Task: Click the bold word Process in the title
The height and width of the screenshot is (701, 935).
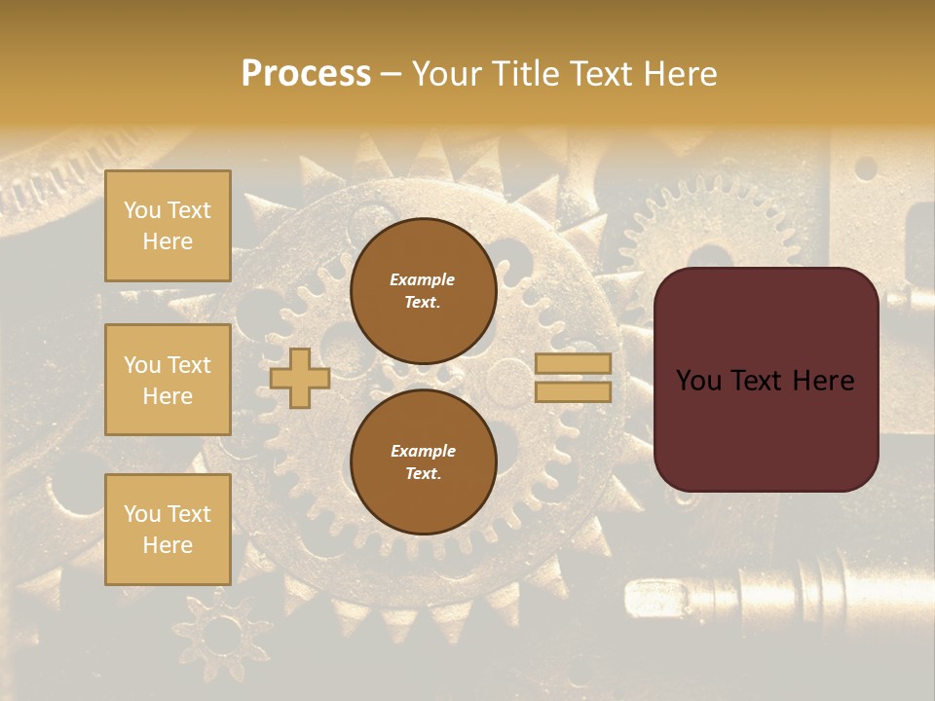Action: (306, 74)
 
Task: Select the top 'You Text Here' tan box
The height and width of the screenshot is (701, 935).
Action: (168, 226)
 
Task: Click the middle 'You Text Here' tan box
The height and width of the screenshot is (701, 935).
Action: (168, 380)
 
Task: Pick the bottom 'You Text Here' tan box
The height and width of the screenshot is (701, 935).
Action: (168, 530)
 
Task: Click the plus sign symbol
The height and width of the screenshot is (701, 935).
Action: (300, 379)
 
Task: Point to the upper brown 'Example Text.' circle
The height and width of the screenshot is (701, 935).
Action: (423, 290)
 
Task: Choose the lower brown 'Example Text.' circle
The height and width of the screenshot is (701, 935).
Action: (423, 461)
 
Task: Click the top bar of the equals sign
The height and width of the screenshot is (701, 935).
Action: (573, 364)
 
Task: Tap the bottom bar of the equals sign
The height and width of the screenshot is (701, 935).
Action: (573, 391)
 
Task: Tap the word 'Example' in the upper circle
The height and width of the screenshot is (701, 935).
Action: (423, 279)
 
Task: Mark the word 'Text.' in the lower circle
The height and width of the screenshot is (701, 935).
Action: (423, 473)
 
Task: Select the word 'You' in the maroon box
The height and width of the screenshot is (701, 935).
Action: (698, 381)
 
